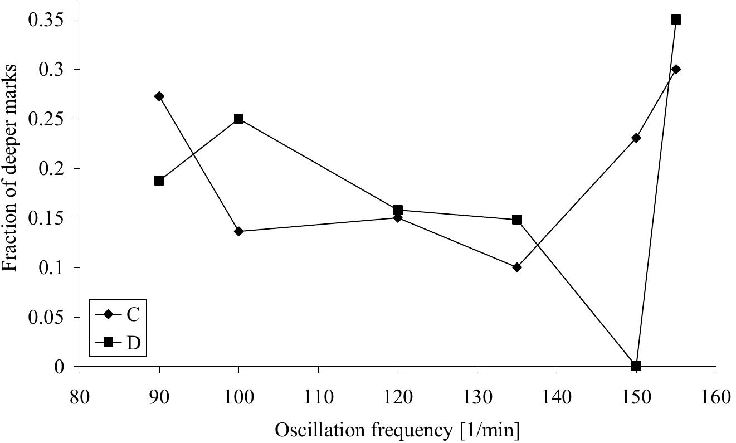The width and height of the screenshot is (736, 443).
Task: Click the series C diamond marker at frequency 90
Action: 159,96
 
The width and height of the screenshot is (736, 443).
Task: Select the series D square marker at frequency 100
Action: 238,119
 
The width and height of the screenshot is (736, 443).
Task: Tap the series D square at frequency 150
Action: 636,366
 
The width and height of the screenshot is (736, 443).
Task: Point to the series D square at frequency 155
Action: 676,20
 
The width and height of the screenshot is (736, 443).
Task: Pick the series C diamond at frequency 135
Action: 517,267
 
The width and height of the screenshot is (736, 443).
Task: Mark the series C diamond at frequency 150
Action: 636,138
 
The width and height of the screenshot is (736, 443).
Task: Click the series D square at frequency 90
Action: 159,181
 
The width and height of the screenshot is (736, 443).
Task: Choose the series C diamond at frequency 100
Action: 238,231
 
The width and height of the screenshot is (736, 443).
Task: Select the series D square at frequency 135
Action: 517,220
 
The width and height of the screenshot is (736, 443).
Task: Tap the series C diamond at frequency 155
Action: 676,69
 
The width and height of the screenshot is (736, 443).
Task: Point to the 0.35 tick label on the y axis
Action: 47,21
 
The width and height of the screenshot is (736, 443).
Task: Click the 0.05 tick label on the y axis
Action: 47,318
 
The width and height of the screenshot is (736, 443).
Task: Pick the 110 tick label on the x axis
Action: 318,397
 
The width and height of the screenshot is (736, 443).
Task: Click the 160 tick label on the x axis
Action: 715,397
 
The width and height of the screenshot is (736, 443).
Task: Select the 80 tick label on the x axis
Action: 80,397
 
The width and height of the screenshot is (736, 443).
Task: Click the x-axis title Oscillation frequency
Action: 397,430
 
